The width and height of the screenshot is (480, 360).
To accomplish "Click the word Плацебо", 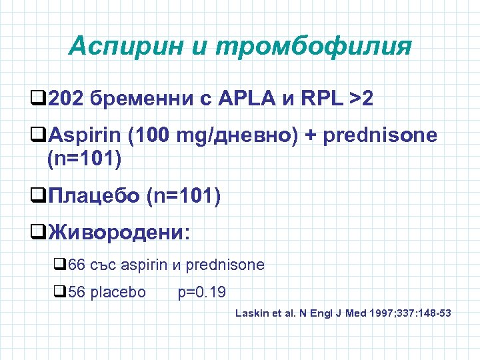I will point(94,197).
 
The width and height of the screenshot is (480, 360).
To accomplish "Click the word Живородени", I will point(119,233).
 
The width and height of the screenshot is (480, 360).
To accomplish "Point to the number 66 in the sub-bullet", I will point(77,265).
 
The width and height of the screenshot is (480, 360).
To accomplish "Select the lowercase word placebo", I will point(117,291).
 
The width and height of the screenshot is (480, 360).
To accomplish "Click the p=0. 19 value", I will point(202,291).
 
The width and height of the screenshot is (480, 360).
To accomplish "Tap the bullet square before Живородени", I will point(37,234).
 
